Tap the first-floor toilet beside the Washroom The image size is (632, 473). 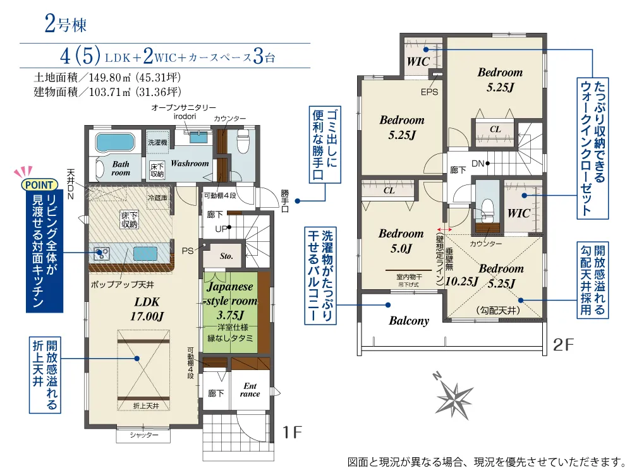pos(242,140)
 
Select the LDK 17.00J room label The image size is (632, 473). pos(147,309)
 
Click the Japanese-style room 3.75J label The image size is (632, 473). pos(231,301)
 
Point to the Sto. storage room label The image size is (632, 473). pos(226,256)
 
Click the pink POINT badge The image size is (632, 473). pos(39,185)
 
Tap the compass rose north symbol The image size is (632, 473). pos(454,395)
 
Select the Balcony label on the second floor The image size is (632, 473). pos(409,321)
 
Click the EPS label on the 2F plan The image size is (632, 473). pos(429,92)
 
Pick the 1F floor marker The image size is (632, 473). pos(292,433)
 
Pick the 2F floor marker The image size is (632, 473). pos(563,344)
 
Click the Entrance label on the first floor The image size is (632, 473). pos(250,390)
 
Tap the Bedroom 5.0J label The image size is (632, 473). pos(401,241)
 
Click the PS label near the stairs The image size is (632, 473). pos(188,251)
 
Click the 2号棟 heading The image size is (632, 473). pos(65,24)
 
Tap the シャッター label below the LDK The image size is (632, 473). pos(144,435)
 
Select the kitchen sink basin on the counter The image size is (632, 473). pos(145,254)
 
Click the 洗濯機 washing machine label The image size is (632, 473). pos(157,142)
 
